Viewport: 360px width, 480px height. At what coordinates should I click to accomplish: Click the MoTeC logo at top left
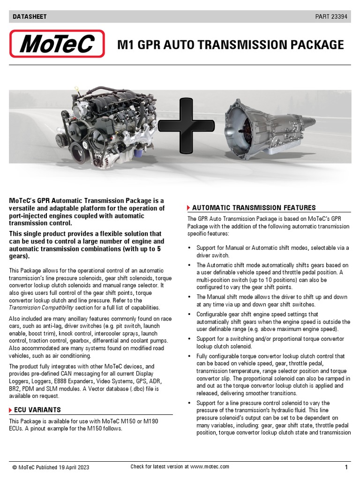[57, 44]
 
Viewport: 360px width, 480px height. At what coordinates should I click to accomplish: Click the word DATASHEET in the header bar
[29, 17]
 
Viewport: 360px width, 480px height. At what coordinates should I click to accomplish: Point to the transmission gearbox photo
[272, 128]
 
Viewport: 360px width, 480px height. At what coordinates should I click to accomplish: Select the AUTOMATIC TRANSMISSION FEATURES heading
[254, 208]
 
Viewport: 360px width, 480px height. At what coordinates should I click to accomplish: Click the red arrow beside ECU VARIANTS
[11, 410]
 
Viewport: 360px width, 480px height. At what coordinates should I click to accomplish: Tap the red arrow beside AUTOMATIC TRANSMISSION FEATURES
[188, 208]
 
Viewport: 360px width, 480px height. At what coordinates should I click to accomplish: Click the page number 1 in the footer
[346, 467]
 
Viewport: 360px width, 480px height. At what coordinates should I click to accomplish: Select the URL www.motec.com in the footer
[210, 466]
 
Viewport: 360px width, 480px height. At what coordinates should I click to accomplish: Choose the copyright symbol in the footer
[15, 467]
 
